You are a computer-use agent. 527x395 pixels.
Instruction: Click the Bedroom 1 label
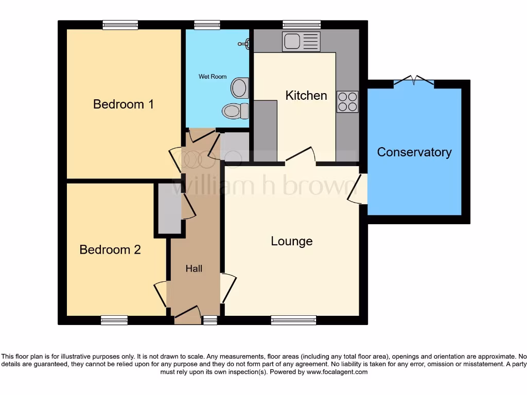(x=123, y=104)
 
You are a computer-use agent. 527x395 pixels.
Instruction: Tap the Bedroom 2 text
(x=110, y=250)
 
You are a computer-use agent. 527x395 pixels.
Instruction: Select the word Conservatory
(x=414, y=152)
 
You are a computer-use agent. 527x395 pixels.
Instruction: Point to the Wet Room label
(x=213, y=77)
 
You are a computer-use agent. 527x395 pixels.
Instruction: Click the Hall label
(x=194, y=268)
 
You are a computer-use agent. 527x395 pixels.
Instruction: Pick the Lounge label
(x=292, y=241)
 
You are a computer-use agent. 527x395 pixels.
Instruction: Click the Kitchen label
(x=306, y=96)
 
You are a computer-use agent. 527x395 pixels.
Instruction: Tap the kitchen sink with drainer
(x=301, y=42)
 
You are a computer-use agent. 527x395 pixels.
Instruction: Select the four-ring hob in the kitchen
(x=347, y=101)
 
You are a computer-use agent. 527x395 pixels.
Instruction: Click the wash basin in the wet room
(x=239, y=88)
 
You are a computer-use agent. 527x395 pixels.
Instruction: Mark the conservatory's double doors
(x=414, y=80)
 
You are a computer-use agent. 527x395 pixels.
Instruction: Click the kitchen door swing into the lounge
(x=301, y=154)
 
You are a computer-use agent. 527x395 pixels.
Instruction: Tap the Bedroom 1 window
(x=120, y=25)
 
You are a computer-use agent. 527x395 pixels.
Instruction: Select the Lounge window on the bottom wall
(x=294, y=320)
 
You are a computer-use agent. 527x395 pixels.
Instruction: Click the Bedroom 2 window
(x=114, y=320)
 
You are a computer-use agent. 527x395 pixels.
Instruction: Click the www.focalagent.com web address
(x=337, y=372)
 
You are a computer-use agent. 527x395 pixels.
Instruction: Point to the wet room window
(x=207, y=25)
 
